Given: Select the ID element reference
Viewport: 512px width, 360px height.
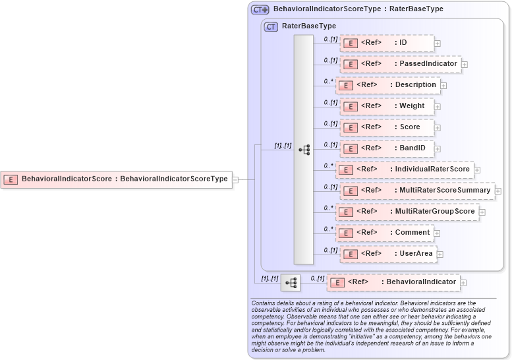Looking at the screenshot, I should pos(387,43).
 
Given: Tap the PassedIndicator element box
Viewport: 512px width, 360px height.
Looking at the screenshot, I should pos(401,64).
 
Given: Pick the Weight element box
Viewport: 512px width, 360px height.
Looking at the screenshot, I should pos(387,106).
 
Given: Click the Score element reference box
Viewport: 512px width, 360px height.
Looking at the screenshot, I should pos(387,127).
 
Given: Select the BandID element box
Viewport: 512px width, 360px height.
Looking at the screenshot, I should pos(387,148).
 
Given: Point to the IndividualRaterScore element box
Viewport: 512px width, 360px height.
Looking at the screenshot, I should pos(405,169).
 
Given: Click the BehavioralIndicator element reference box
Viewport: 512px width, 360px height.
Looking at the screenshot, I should pos(393,282).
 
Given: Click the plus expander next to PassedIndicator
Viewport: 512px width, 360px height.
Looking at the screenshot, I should pos(465,65).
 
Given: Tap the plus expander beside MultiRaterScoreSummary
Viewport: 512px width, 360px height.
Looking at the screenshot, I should pos(498,191).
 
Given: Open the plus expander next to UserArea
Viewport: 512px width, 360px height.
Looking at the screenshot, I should pos(440,255).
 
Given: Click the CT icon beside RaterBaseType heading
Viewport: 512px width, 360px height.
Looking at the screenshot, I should pos(271,27).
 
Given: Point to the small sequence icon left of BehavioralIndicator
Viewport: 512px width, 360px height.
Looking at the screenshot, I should pos(291,283).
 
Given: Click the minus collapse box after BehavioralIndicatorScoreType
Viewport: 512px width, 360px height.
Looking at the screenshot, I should pos(235,179).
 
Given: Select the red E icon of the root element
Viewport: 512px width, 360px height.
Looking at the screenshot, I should pos(11,179).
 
